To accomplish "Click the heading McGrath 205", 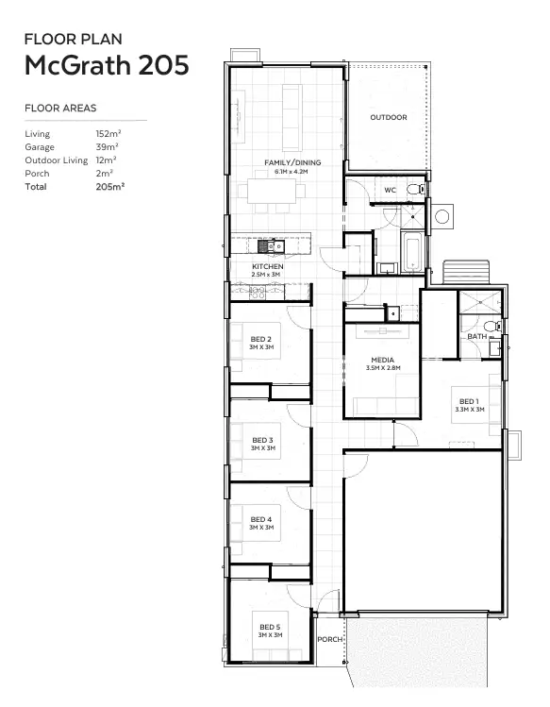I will (106, 65).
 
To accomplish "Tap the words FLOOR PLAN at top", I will (73, 39).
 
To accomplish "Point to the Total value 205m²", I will (110, 187).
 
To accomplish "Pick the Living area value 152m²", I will (108, 134).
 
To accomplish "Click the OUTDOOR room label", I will (388, 117).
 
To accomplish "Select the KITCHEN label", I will (267, 267).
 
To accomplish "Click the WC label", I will (390, 190).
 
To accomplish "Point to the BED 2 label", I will (261, 339).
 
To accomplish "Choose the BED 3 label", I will (262, 440).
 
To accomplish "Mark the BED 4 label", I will (261, 519).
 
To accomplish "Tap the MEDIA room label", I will (382, 360).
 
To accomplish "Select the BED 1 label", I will (469, 401).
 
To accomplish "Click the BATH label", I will (476, 336).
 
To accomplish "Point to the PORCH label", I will (330, 639).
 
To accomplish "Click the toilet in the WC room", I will (414, 190).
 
